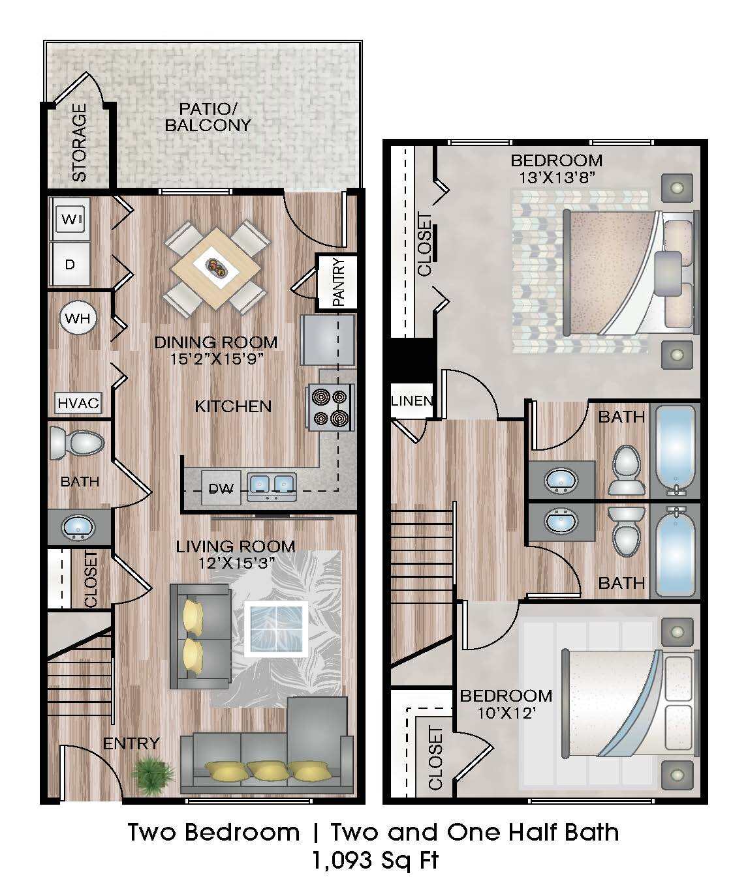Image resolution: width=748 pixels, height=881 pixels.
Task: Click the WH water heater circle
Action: pyautogui.click(x=78, y=319)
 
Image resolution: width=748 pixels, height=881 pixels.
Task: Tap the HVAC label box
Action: pyautogui.click(x=78, y=403)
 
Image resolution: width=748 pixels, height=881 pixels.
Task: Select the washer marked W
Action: pyautogui.click(x=70, y=220)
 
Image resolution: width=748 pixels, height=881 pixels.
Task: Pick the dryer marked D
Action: pyautogui.click(x=70, y=264)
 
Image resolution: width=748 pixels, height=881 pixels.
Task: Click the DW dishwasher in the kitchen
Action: pyautogui.click(x=221, y=487)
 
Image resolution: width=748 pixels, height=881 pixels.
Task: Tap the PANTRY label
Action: pyautogui.click(x=337, y=282)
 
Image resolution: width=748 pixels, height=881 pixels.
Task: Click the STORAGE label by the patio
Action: pyautogui.click(x=78, y=143)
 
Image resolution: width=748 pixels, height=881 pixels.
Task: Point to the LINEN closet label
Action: pyautogui.click(x=411, y=400)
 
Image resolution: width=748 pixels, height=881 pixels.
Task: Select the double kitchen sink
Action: pyautogui.click(x=271, y=485)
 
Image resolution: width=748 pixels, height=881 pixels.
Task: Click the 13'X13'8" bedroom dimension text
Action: pyautogui.click(x=557, y=177)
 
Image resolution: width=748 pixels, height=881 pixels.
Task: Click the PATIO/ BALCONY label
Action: pyautogui.click(x=208, y=117)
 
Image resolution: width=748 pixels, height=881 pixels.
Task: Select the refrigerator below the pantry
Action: pyautogui.click(x=327, y=340)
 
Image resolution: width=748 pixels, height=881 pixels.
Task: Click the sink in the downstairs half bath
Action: pyautogui.click(x=78, y=526)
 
